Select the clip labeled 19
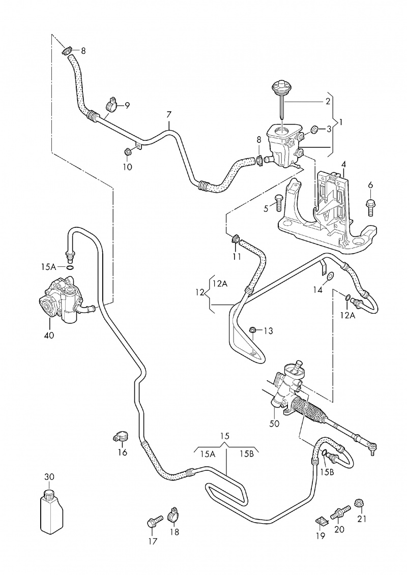[x=322, y=520]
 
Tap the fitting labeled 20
[x=339, y=510]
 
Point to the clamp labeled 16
[x=121, y=436]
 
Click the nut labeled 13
[x=253, y=331]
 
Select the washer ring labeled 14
[x=330, y=276]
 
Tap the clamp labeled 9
[x=111, y=104]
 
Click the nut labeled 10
[x=128, y=150]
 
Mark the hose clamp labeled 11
[x=236, y=238]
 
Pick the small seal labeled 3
[x=314, y=130]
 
